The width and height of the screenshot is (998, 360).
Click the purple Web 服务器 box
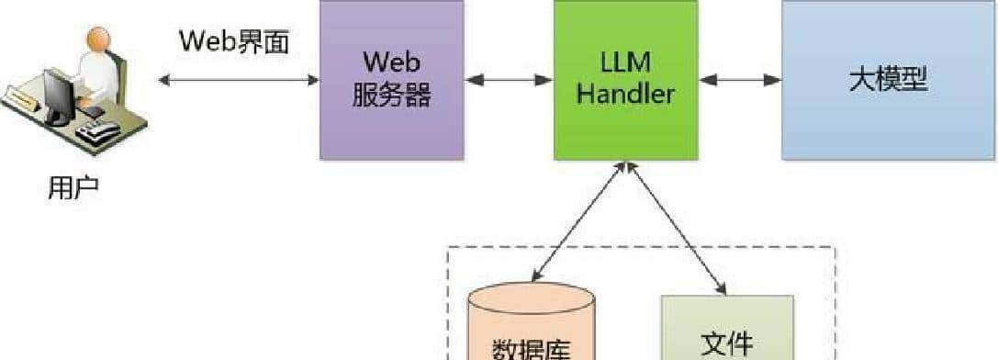pyautogui.click(x=391, y=80)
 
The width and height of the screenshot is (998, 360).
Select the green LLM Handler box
pyautogui.click(x=625, y=80)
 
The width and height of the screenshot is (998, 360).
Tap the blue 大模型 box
pyautogui.click(x=889, y=80)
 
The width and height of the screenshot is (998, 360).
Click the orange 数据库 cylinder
pyautogui.click(x=531, y=326)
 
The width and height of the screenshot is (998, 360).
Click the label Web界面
pyautogui.click(x=234, y=41)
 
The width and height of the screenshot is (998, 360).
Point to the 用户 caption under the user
pyautogui.click(x=73, y=188)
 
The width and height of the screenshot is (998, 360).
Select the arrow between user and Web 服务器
pyautogui.click(x=239, y=80)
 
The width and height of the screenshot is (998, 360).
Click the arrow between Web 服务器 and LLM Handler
pyautogui.click(x=509, y=80)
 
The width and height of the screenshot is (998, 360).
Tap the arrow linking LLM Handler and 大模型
pyautogui.click(x=740, y=80)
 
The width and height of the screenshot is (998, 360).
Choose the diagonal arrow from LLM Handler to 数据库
pyautogui.click(x=578, y=220)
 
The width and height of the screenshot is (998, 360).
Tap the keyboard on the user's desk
pyautogui.click(x=97, y=132)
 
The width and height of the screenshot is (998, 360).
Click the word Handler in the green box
pyautogui.click(x=626, y=94)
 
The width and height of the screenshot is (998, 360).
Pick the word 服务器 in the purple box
pyautogui.click(x=391, y=95)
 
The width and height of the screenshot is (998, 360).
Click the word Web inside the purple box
pyautogui.click(x=391, y=62)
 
